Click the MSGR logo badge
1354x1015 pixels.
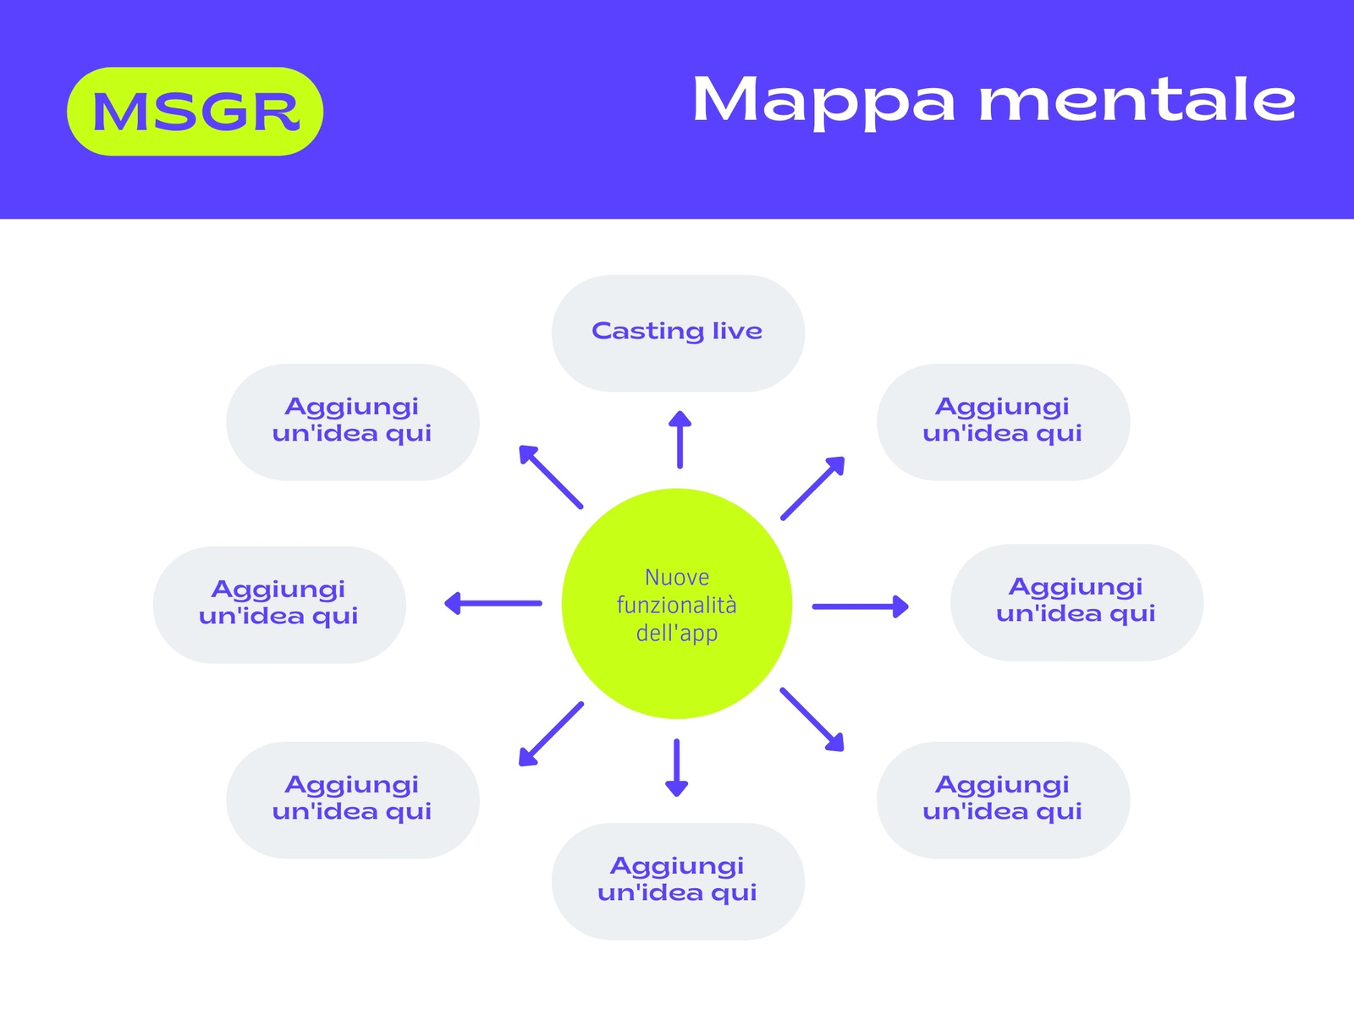tap(195, 112)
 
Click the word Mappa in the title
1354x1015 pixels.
tap(824, 101)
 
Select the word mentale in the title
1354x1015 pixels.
tap(1137, 99)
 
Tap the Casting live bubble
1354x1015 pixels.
tap(678, 333)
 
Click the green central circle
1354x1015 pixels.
tap(677, 604)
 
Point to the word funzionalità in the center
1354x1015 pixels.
tap(677, 605)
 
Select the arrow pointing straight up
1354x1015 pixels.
tap(680, 439)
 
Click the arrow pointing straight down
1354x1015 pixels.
tap(677, 768)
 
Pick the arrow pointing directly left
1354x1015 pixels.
tap(493, 603)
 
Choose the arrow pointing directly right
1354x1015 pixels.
tap(861, 606)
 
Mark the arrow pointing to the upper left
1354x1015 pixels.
tap(551, 477)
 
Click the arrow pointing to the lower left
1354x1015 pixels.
tap(551, 734)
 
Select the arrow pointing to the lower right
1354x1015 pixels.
tap(812, 719)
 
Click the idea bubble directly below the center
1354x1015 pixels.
tap(678, 882)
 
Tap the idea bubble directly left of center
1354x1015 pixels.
tap(279, 605)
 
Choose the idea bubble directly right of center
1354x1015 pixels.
tap(1077, 603)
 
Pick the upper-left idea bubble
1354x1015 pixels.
tap(353, 422)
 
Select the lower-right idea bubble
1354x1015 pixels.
tap(1004, 800)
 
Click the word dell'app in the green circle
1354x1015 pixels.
tap(677, 634)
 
